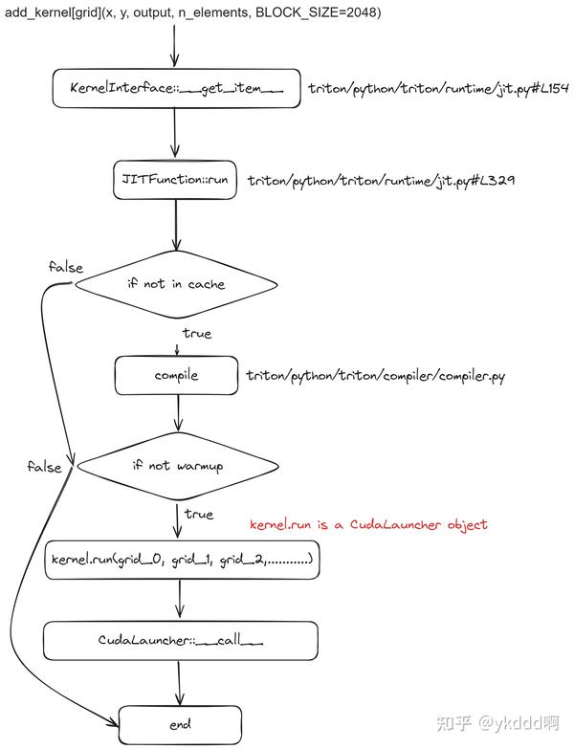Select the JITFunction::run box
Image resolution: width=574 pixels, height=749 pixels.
pos(173,179)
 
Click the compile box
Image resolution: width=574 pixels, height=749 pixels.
pos(176,376)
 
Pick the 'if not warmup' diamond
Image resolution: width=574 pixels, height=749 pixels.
pos(177,466)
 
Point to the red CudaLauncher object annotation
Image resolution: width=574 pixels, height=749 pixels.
pos(368,524)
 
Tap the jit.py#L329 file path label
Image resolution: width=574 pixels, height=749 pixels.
pos(381,180)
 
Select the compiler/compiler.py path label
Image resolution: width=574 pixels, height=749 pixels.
pos(375,376)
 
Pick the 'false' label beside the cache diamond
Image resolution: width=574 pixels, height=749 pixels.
pos(66,266)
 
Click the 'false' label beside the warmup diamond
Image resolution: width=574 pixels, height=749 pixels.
pos(44,467)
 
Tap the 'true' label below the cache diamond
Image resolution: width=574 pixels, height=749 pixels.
pos(197,334)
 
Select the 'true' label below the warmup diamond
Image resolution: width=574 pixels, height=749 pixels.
pos(198,514)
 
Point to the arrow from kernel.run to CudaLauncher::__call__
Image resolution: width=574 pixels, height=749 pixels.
pos(180,600)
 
